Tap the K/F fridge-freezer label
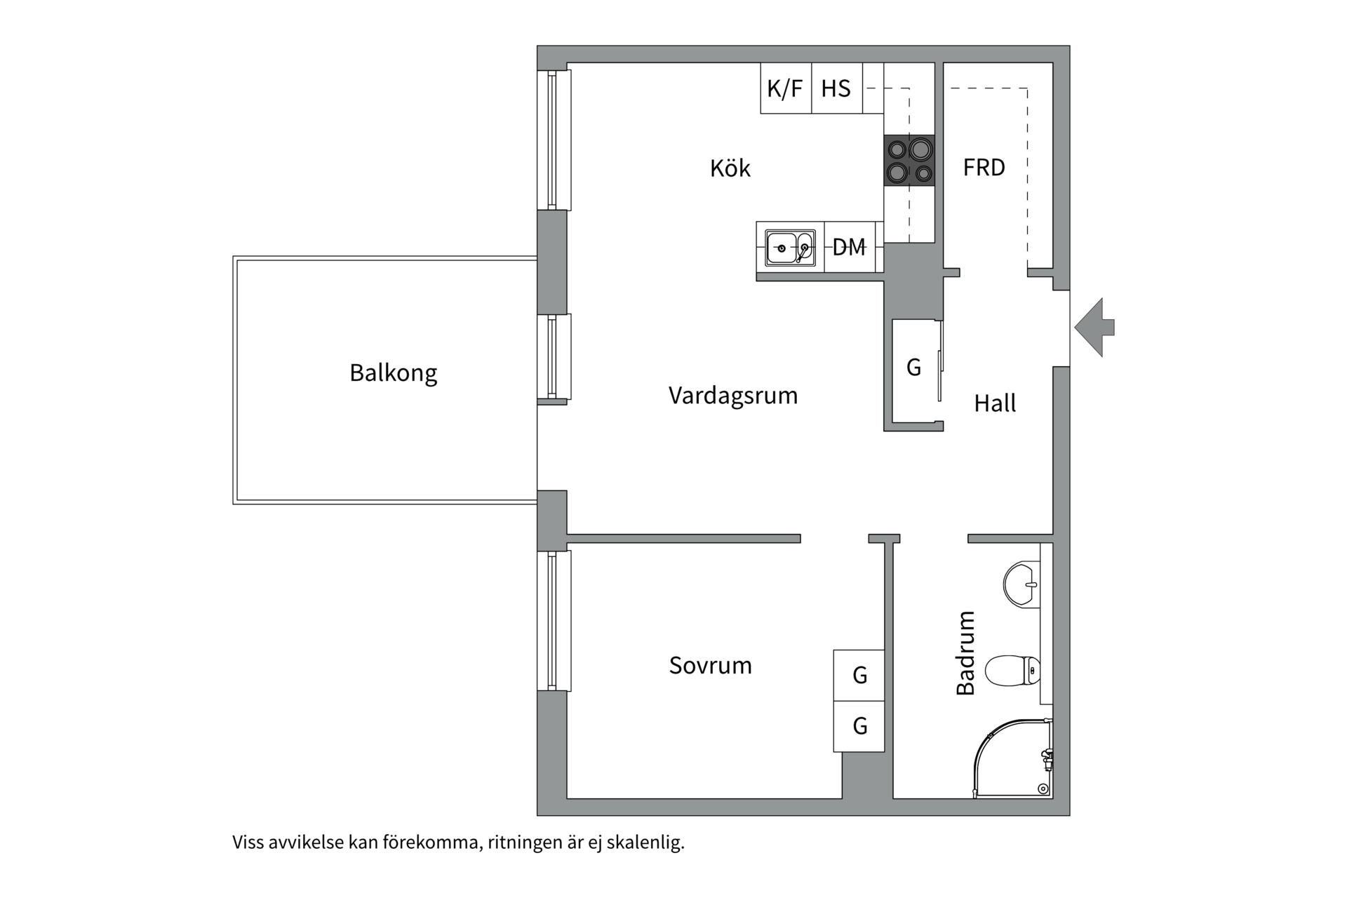[785, 88]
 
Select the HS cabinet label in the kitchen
[836, 88]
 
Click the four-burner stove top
[909, 160]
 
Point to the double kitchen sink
[790, 248]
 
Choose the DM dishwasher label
[849, 247]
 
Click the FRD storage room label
[984, 168]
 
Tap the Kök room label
[730, 168]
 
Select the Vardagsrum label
[732, 396]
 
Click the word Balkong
[393, 373]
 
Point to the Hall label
[995, 403]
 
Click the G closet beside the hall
[913, 367]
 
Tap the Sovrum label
[710, 665]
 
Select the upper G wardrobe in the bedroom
[859, 675]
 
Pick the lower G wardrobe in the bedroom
[859, 725]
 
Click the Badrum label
[966, 652]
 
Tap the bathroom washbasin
[1021, 583]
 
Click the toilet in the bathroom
[1012, 671]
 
